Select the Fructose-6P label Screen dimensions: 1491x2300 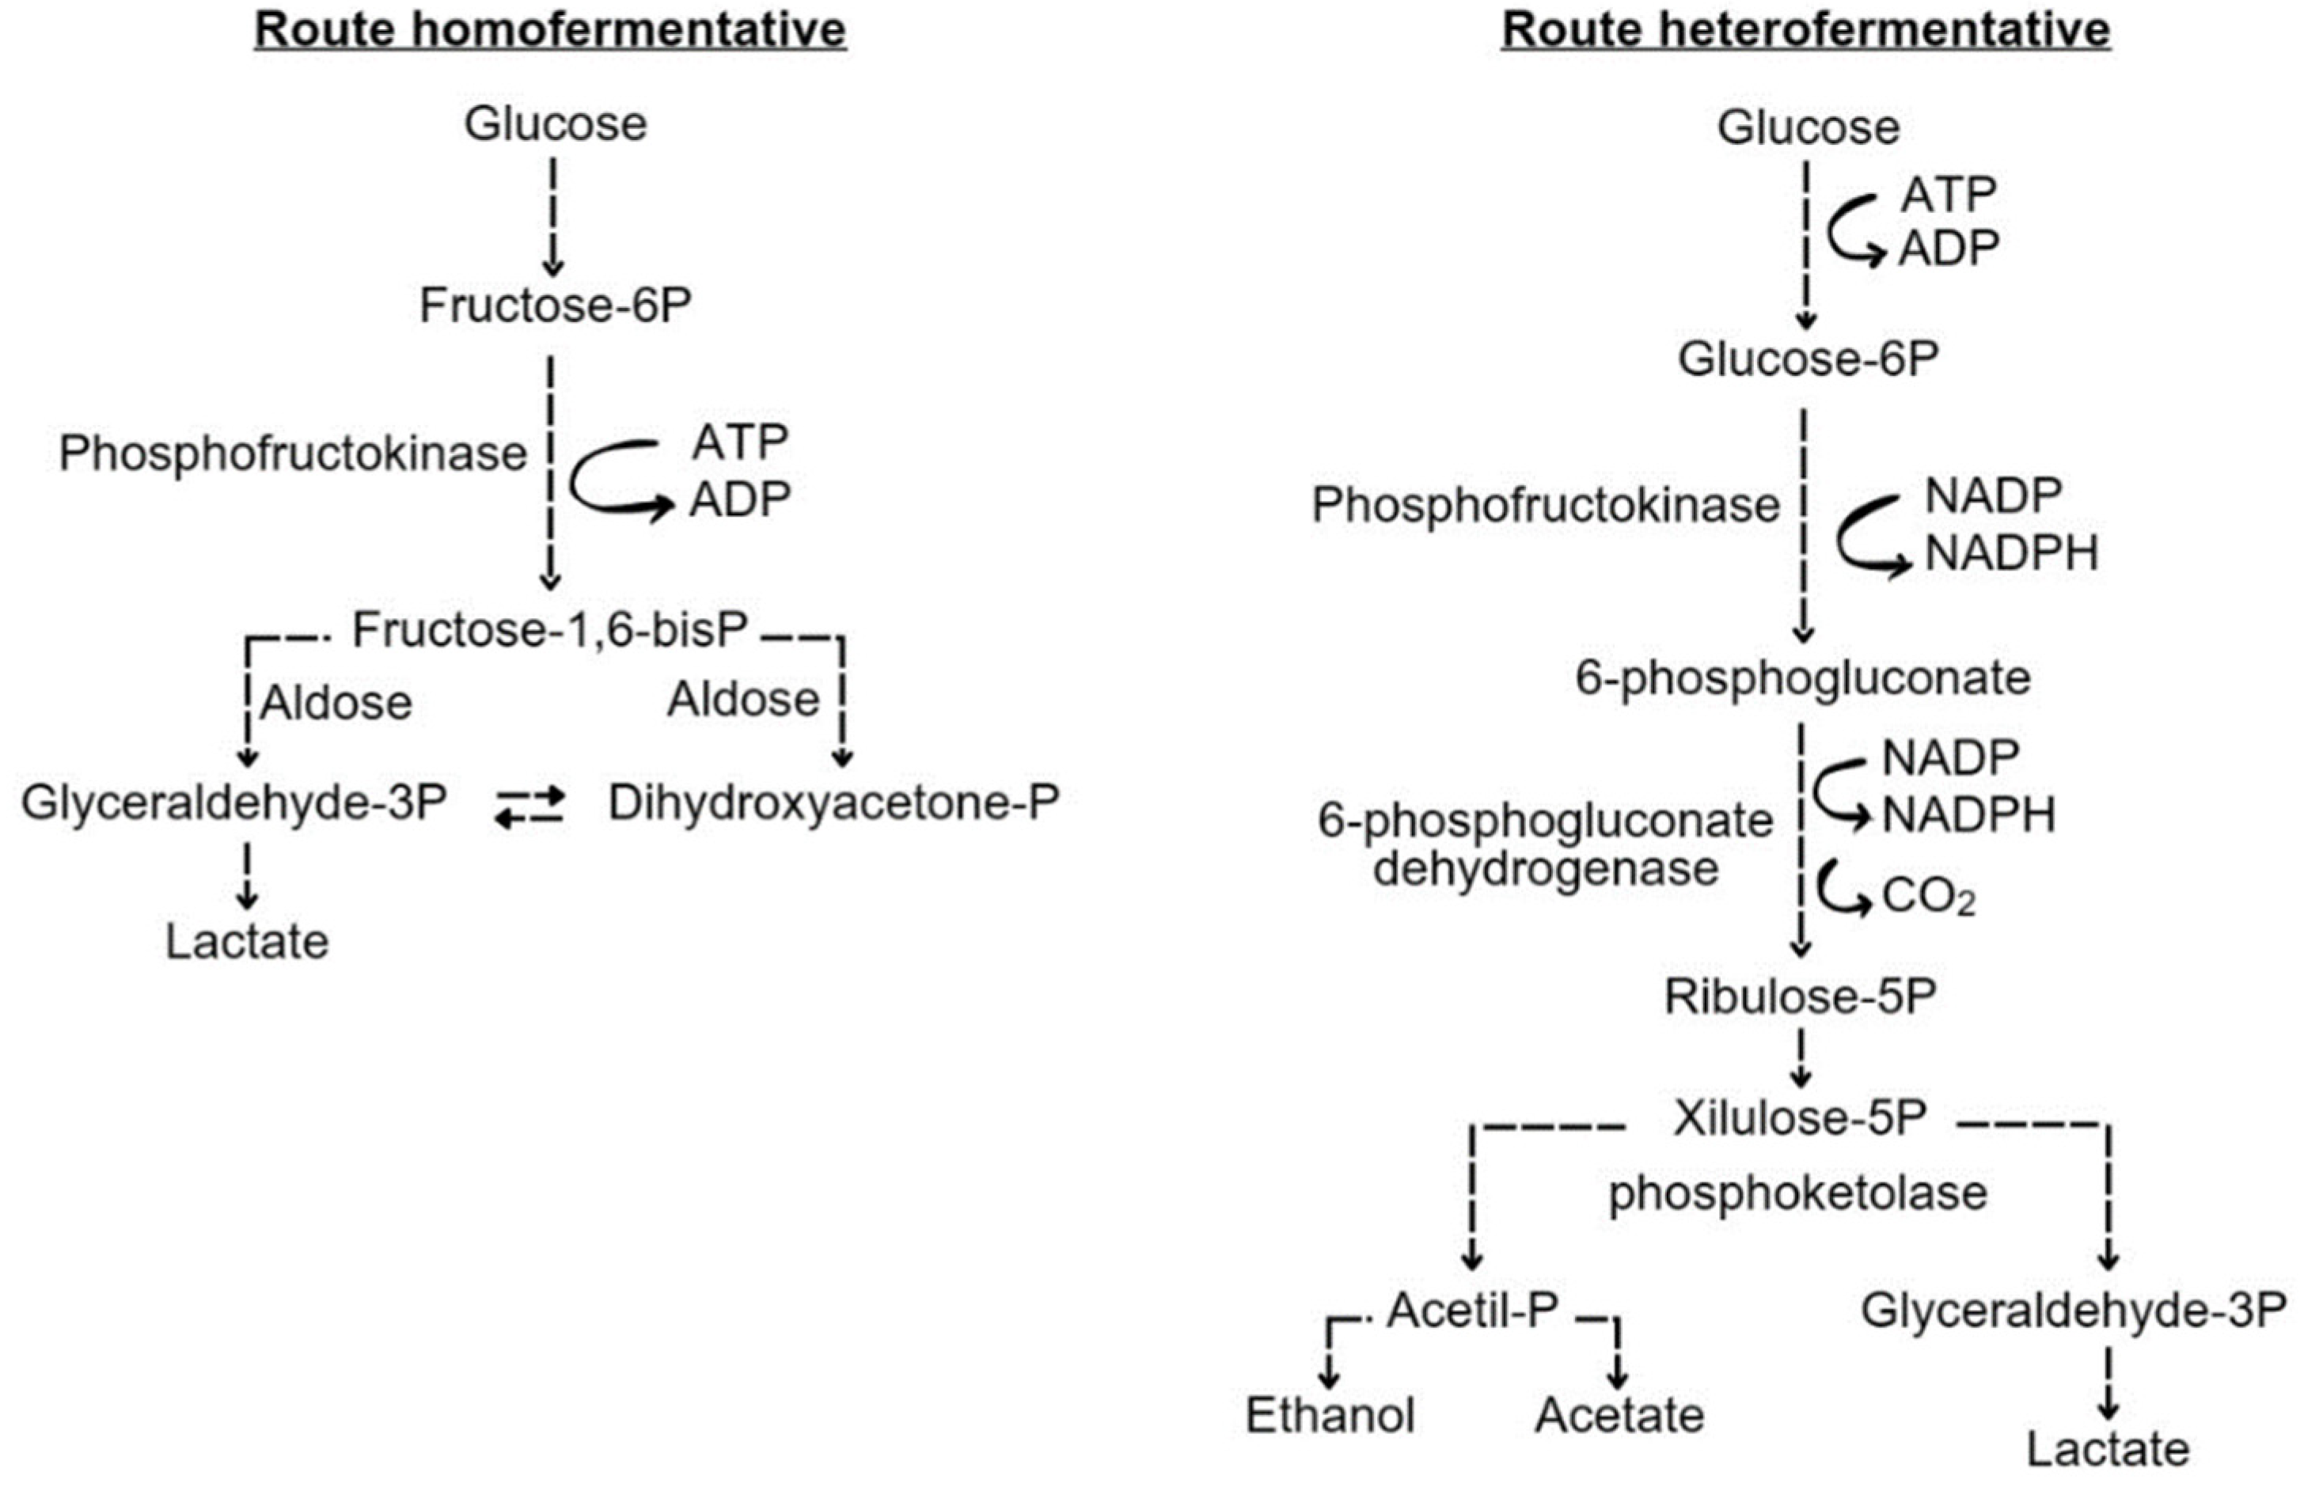point(556,306)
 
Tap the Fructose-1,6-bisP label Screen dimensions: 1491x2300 point(550,631)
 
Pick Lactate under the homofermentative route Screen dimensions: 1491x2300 point(248,942)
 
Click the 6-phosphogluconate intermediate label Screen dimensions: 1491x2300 point(1803,678)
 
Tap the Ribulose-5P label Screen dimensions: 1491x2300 point(1801,997)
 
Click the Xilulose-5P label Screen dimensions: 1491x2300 point(1801,1119)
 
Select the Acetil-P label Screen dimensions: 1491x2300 point(1473,1311)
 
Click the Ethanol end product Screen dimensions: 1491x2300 point(1330,1417)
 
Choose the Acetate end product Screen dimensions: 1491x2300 point(1619,1417)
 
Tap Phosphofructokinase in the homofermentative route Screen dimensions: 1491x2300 point(293,454)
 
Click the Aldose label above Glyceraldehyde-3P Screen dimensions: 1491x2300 point(336,703)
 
